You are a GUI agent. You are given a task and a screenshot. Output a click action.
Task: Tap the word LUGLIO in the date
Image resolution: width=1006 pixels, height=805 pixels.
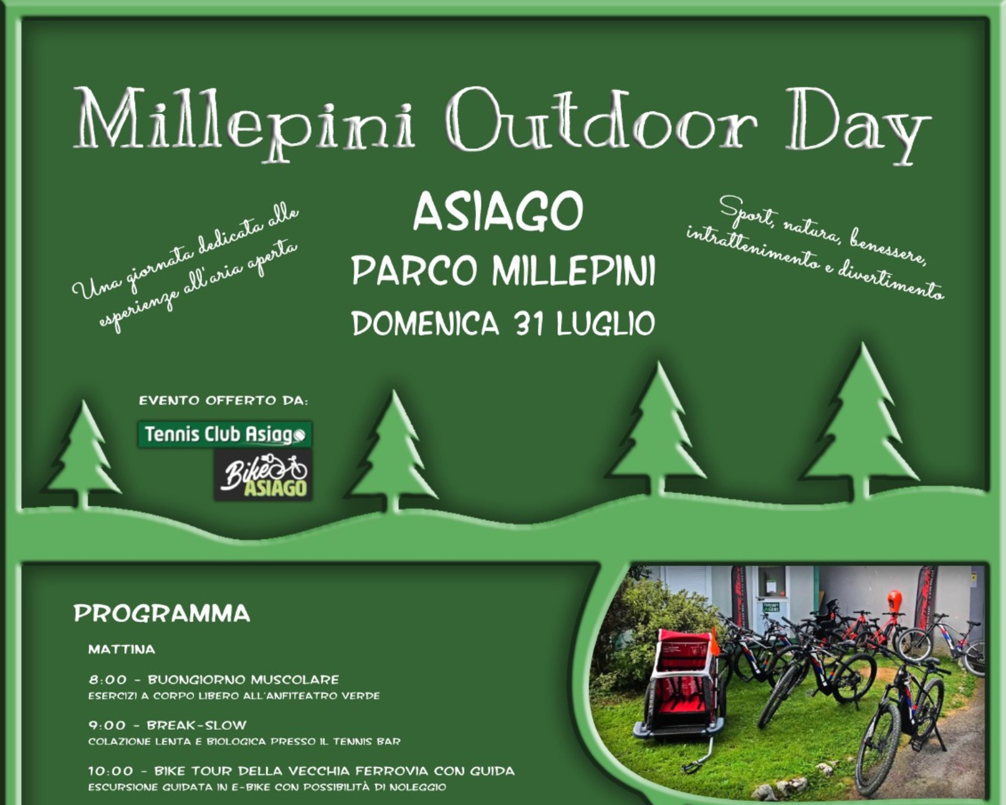click(606, 323)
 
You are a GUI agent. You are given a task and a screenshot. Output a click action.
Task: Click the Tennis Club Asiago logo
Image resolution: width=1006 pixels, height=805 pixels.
click(225, 434)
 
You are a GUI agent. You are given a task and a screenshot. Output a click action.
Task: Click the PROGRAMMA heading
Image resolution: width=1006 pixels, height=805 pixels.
click(162, 614)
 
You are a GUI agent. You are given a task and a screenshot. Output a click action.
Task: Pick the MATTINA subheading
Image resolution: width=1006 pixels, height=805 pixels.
click(122, 649)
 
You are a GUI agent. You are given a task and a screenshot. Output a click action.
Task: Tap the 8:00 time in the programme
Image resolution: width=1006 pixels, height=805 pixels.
click(107, 680)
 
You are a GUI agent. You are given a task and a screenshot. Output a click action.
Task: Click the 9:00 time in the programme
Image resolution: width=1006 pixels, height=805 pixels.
click(107, 725)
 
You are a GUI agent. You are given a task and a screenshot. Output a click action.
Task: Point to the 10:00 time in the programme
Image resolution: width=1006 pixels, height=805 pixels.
click(111, 771)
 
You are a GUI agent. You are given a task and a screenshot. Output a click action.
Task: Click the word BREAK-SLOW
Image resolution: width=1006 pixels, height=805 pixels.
click(196, 725)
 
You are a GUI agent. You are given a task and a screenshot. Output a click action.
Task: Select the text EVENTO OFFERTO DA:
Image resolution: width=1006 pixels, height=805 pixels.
click(224, 401)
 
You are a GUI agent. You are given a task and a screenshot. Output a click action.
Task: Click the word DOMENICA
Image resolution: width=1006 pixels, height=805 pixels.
click(425, 323)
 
